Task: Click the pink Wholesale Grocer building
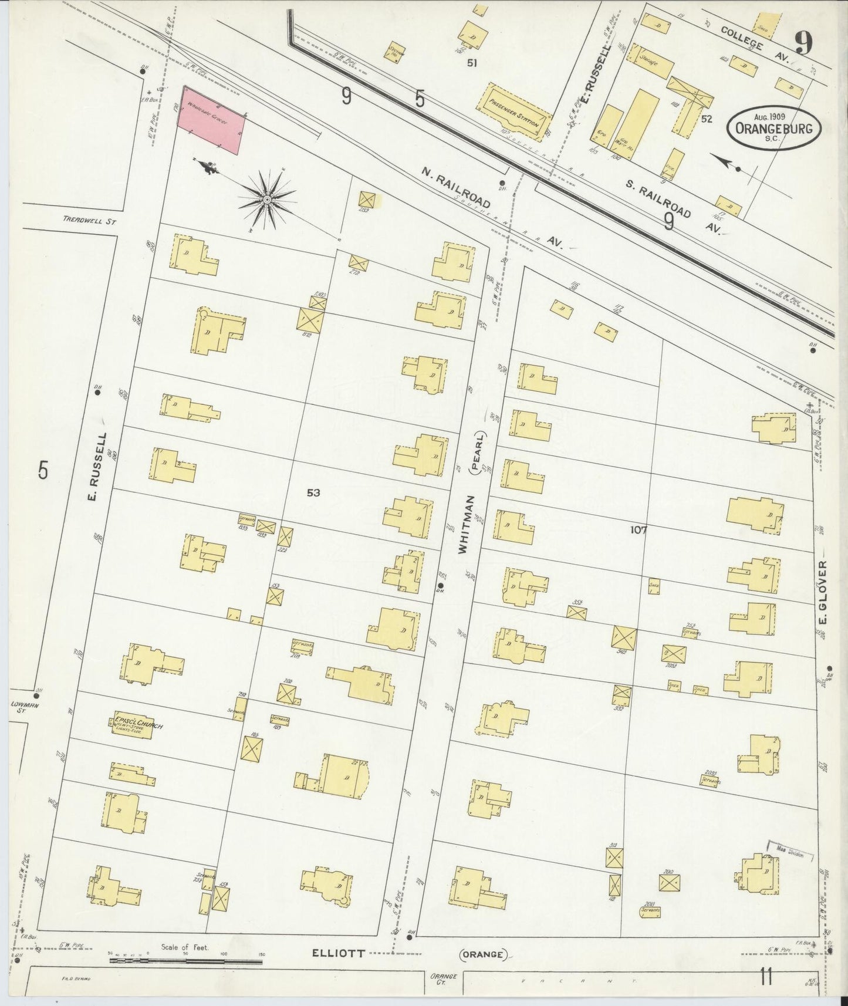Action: click(x=212, y=121)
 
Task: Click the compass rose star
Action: click(x=268, y=200)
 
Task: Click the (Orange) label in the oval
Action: click(x=484, y=954)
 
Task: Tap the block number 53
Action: click(x=313, y=493)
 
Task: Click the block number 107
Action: click(x=638, y=529)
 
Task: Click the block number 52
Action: click(x=706, y=119)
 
